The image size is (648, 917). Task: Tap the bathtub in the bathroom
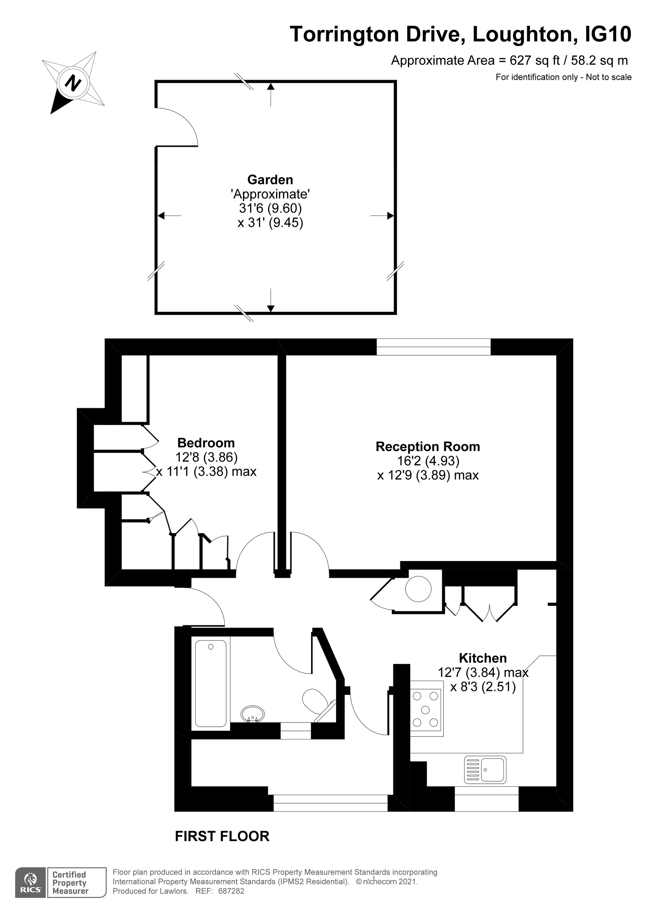[211, 683]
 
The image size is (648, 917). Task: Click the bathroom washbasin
[253, 714]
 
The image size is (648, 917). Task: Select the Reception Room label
[428, 447]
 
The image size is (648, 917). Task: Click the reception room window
[434, 347]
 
